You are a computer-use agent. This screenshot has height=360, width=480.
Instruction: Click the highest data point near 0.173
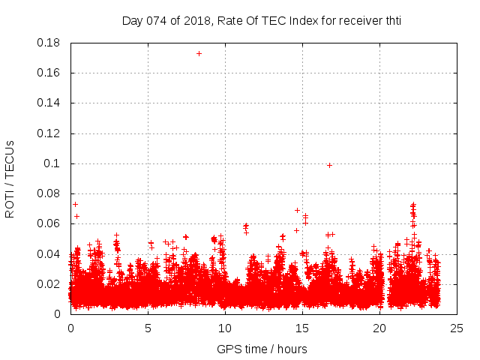click(x=199, y=53)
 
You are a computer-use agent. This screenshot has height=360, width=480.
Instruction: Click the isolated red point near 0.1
click(x=329, y=165)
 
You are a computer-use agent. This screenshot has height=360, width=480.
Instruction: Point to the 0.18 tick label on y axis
click(x=49, y=43)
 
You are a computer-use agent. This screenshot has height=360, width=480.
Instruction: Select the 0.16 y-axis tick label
click(x=49, y=73)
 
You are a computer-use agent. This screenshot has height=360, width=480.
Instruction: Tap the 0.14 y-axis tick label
click(x=49, y=103)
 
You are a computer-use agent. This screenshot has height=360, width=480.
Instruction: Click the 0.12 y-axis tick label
click(x=49, y=133)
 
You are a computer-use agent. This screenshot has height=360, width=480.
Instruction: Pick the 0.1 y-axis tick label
click(x=52, y=163)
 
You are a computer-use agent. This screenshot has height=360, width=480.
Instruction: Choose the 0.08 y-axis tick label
click(x=49, y=193)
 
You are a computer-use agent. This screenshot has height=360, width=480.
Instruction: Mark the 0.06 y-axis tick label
click(x=49, y=223)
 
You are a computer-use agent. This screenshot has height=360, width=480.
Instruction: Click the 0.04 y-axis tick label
click(x=49, y=253)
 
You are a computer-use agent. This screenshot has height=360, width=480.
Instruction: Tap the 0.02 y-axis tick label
click(x=49, y=283)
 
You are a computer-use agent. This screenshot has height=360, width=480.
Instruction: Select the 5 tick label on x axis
click(x=148, y=328)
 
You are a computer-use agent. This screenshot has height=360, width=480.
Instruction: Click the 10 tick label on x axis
click(x=225, y=328)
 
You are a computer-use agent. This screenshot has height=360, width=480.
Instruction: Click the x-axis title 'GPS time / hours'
click(x=262, y=349)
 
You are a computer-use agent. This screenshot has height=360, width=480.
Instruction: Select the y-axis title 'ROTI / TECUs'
click(x=10, y=178)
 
